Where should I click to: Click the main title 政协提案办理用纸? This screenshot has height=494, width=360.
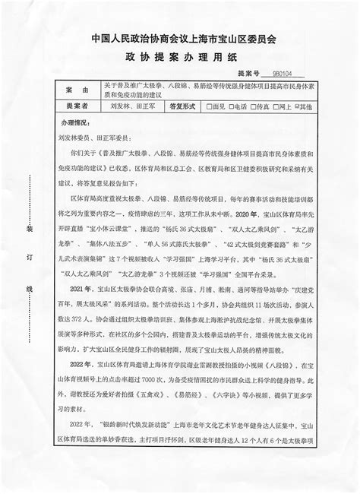[180, 55]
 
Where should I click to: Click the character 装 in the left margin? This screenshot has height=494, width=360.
[30, 228]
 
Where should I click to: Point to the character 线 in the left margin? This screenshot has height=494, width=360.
[30, 289]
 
